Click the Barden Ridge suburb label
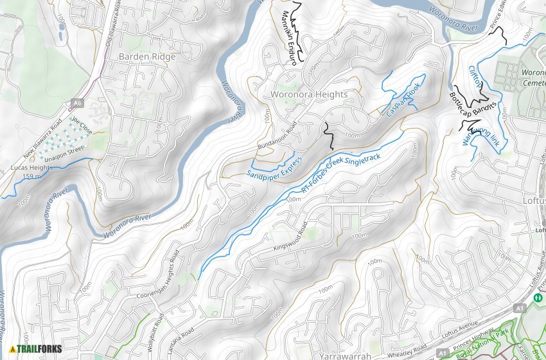coord(147,57)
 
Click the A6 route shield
coord(78,102)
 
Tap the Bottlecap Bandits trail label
coord(473,105)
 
